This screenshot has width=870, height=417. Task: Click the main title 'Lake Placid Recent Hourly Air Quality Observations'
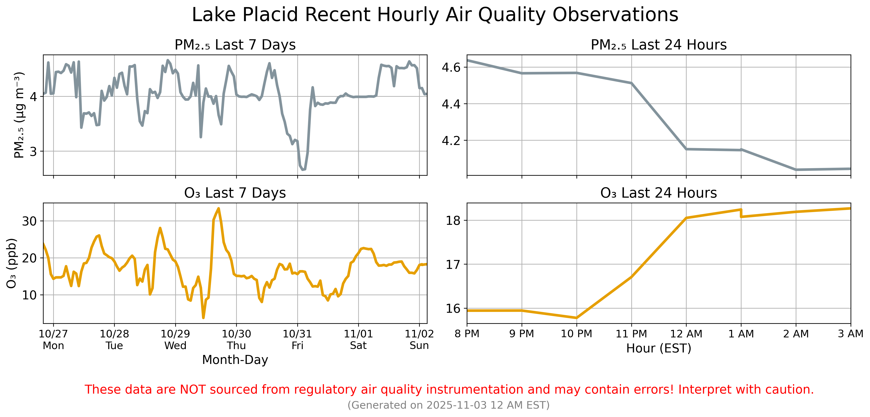(x=435, y=15)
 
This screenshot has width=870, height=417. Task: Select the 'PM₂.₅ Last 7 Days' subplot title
(x=235, y=45)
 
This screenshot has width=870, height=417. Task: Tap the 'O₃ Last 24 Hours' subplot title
(x=659, y=193)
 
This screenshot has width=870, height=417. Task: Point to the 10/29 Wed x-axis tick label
(x=175, y=339)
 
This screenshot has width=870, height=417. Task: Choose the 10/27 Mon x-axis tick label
(x=53, y=339)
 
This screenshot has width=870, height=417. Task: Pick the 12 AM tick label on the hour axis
(x=686, y=334)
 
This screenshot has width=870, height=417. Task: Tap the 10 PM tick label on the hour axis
(x=576, y=334)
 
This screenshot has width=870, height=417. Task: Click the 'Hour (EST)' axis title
(x=659, y=348)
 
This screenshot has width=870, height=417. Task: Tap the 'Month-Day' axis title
(x=235, y=360)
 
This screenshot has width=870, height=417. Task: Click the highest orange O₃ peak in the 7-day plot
(x=218, y=209)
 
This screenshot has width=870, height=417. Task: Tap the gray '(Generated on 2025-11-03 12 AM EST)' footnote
(x=449, y=405)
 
